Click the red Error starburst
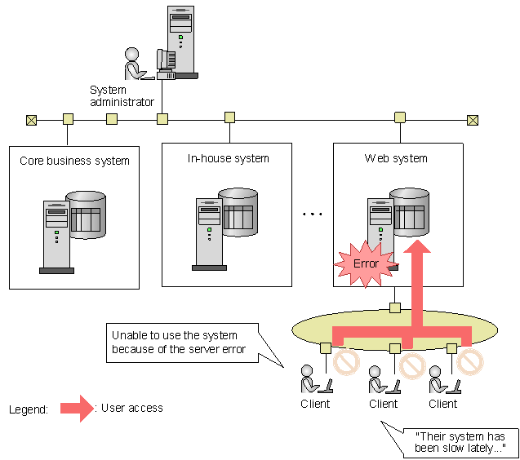(x=366, y=263)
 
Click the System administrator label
(x=122, y=96)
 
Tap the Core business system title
(x=74, y=161)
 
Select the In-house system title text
(x=229, y=158)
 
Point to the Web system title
(x=396, y=158)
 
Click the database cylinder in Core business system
(x=87, y=215)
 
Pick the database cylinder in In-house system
(x=238, y=212)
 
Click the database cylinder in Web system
(x=410, y=212)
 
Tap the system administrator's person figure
(x=135, y=64)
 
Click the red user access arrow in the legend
(x=78, y=409)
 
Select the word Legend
(x=29, y=409)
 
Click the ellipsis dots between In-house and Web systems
(x=312, y=214)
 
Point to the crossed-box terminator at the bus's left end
(x=32, y=120)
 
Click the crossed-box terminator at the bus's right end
(x=473, y=120)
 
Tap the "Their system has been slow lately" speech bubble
(x=460, y=443)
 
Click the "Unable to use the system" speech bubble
(x=182, y=343)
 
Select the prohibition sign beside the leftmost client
(x=346, y=362)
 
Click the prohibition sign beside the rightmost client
(x=470, y=362)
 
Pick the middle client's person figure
(x=377, y=379)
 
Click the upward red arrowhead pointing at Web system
(x=417, y=247)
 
